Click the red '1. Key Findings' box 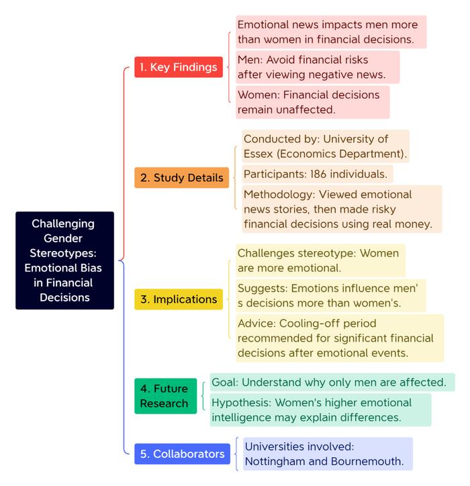tap(179, 67)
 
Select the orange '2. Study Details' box tap(182, 178)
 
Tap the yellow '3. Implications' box tap(179, 299)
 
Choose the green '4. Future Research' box tap(166, 396)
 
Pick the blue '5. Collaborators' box tap(183, 454)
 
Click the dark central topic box tap(65, 260)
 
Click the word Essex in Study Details tap(258, 154)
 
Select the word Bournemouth tap(367, 461)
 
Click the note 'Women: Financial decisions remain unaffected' tap(312, 102)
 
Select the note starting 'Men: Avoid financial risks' tap(318, 67)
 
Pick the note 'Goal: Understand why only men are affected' tap(332, 382)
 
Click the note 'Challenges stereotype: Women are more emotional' tap(320, 260)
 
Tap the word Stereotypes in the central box tap(63, 253)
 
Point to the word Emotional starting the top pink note tap(263, 25)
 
